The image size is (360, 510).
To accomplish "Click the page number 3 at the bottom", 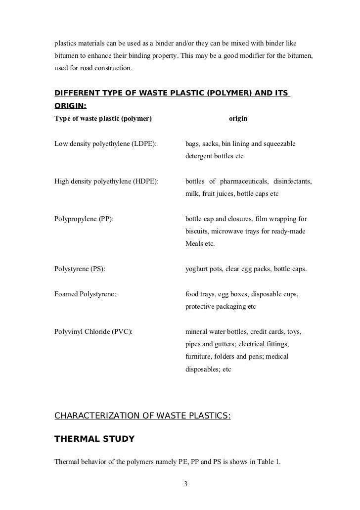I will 185,484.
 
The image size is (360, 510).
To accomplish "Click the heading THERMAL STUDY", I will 94,438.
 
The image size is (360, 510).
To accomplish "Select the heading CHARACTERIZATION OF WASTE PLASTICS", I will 142,416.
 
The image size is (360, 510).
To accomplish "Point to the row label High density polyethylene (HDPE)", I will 106,182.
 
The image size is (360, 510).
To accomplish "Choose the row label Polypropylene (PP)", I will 84,219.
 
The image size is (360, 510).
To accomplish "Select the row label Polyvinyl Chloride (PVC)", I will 93,331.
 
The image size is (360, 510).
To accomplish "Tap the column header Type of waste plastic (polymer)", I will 103,119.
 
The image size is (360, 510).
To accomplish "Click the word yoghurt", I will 197,270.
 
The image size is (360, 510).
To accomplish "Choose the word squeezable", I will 278,143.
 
